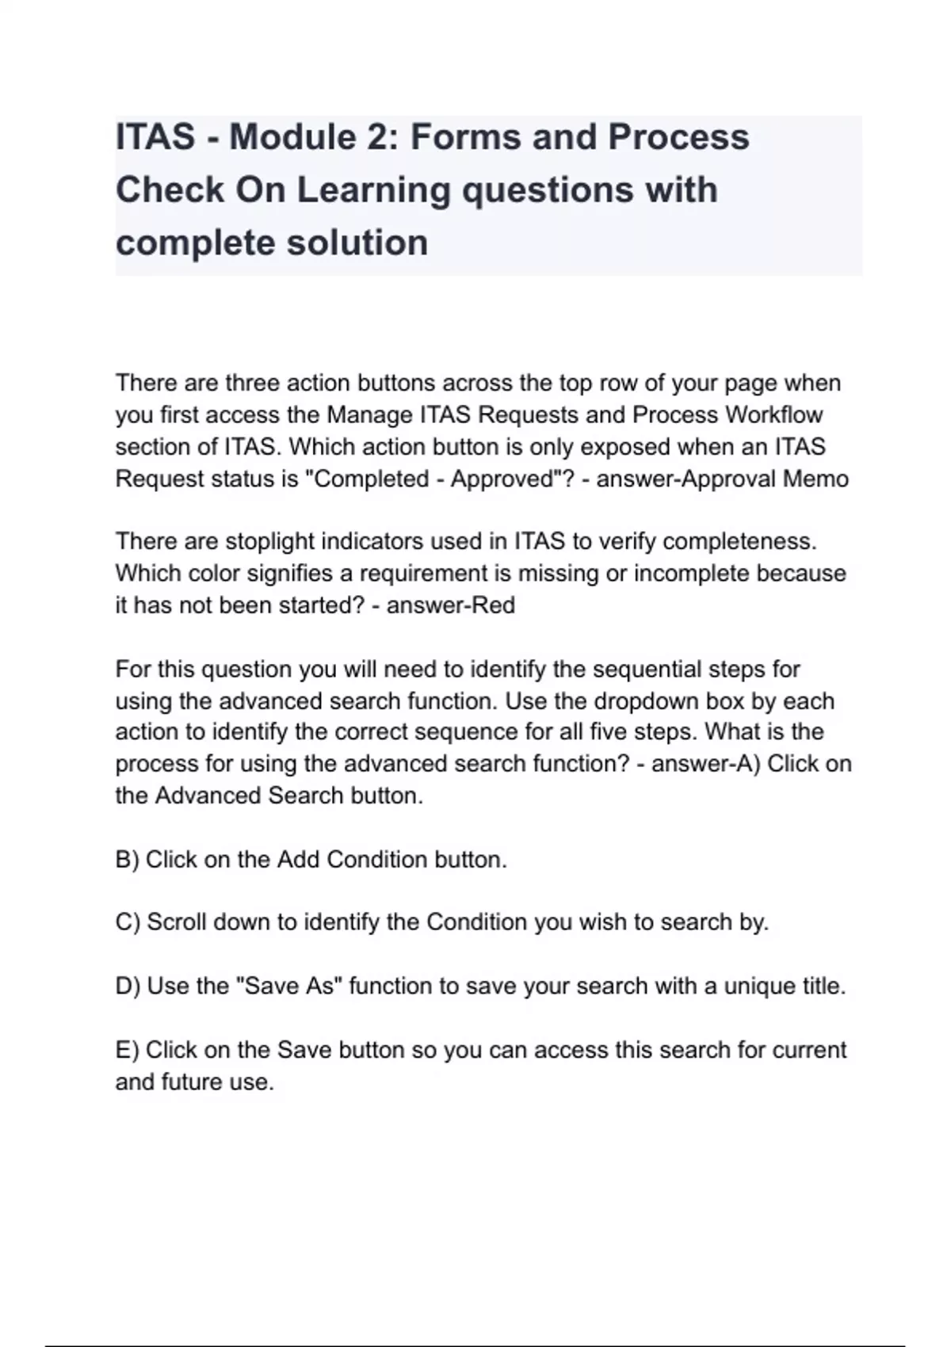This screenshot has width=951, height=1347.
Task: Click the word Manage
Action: pyautogui.click(x=369, y=415)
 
